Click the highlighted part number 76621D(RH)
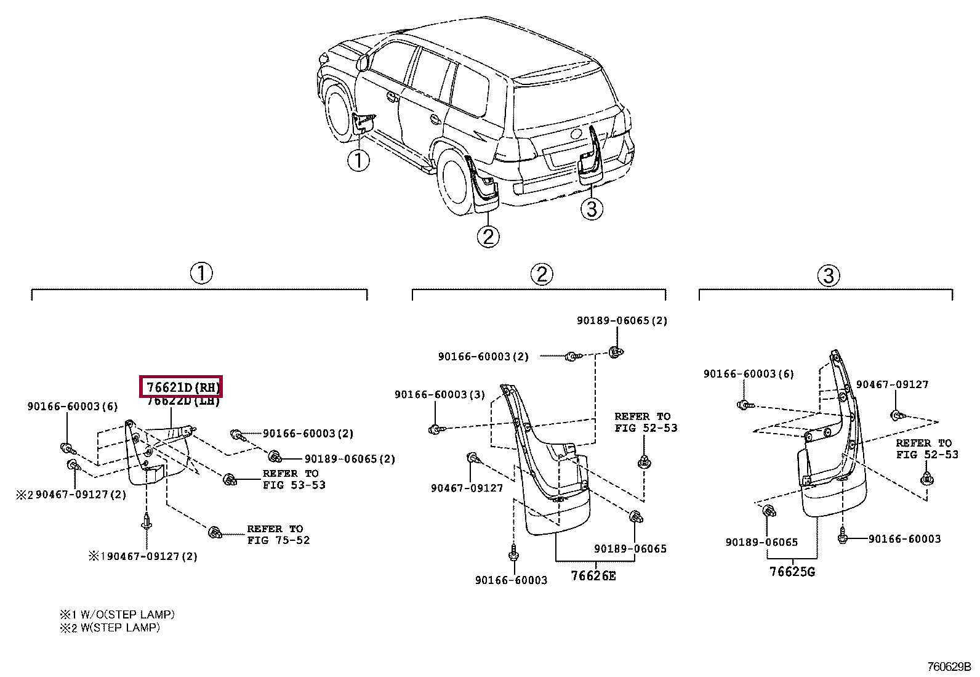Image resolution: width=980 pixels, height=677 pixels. pyautogui.click(x=181, y=387)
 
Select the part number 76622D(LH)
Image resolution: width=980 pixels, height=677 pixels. pyautogui.click(x=183, y=401)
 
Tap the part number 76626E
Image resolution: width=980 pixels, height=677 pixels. pyautogui.click(x=593, y=576)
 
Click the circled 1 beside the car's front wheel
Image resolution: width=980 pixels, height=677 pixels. pyautogui.click(x=358, y=161)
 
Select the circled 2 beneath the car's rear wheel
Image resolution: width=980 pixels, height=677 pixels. pyautogui.click(x=488, y=237)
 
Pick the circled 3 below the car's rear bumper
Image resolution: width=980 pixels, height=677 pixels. pyautogui.click(x=592, y=209)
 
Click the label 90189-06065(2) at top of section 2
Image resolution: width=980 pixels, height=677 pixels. pyautogui.click(x=622, y=321)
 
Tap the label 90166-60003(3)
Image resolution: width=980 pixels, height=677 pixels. pyautogui.click(x=440, y=395)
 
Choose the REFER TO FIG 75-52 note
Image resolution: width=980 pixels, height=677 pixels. pyautogui.click(x=278, y=535)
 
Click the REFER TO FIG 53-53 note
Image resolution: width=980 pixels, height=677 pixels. pyautogui.click(x=293, y=479)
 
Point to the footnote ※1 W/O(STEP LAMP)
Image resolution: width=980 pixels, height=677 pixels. pyautogui.click(x=117, y=615)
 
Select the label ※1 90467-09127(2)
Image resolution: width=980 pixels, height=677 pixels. pyautogui.click(x=143, y=557)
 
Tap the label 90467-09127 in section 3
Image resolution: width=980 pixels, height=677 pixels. pyautogui.click(x=892, y=385)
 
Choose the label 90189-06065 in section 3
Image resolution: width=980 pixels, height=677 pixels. pyautogui.click(x=761, y=543)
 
